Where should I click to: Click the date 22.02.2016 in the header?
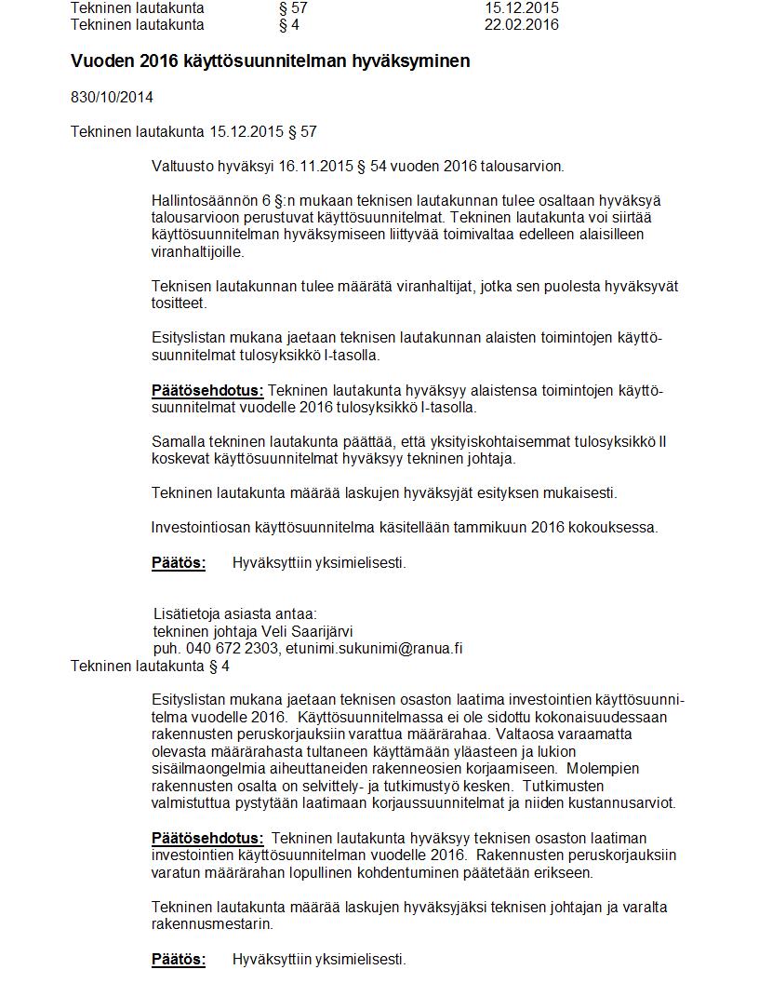point(521,25)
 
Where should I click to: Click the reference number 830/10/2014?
point(112,97)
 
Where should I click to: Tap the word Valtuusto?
point(182,167)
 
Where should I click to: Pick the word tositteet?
point(180,303)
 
